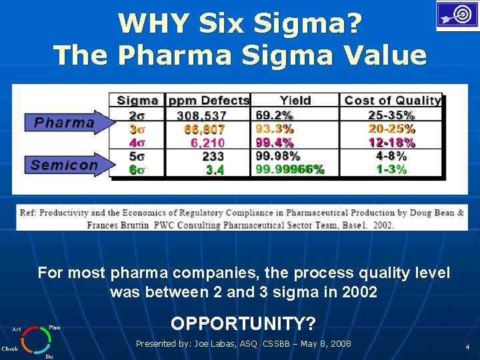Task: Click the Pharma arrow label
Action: (x=65, y=123)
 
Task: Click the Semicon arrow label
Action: (x=65, y=165)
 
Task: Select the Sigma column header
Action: (x=137, y=101)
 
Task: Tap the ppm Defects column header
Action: (x=209, y=101)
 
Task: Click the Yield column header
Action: (x=295, y=101)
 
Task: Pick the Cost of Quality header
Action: (x=392, y=101)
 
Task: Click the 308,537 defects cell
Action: (x=201, y=115)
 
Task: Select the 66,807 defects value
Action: (x=205, y=129)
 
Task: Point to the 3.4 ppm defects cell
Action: (x=215, y=170)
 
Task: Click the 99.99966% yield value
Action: (x=290, y=169)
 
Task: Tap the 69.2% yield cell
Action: (x=274, y=115)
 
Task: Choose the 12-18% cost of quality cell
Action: (x=391, y=142)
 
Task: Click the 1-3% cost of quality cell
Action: (x=391, y=169)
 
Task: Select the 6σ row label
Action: (x=137, y=169)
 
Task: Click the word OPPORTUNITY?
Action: (x=243, y=323)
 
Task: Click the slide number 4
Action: (x=467, y=347)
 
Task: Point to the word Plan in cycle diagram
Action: (x=54, y=327)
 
